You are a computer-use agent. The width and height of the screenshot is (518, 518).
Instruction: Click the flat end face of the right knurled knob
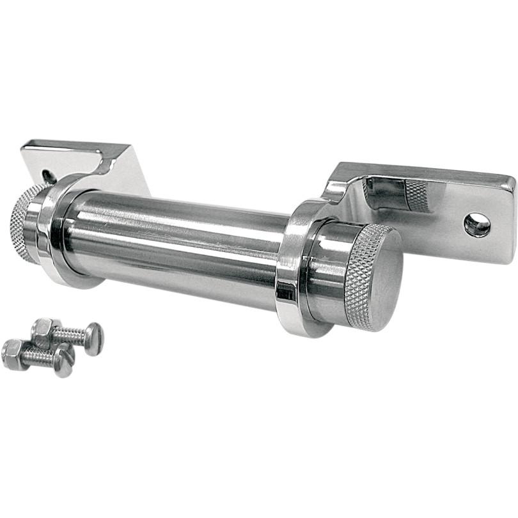click(x=384, y=281)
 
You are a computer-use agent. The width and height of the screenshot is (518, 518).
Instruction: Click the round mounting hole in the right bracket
click(x=477, y=224)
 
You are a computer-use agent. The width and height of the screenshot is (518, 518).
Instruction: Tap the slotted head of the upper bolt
click(x=93, y=338)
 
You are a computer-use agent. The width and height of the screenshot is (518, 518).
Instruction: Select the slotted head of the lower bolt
click(x=64, y=361)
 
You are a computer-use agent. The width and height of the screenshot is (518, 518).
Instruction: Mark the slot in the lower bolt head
click(x=64, y=361)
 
